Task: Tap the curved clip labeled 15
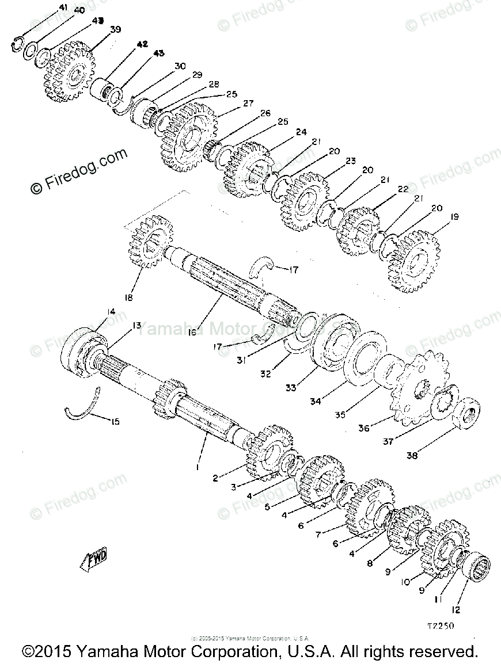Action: click(x=81, y=406)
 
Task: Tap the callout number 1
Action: click(x=198, y=468)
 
